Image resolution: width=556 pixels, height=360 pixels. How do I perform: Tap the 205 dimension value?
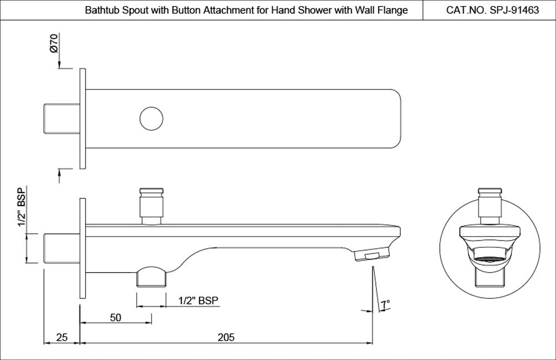(226, 337)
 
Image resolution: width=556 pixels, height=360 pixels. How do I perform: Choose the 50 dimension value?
(116, 317)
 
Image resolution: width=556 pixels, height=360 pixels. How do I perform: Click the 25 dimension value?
(62, 337)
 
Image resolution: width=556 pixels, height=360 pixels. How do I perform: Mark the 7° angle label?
(385, 304)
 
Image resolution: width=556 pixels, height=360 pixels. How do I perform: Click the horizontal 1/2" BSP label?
(198, 301)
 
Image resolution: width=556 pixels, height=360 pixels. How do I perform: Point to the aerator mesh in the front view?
(490, 259)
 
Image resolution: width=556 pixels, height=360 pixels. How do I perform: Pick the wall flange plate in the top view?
(83, 119)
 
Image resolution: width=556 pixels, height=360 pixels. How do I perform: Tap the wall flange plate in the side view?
(83, 248)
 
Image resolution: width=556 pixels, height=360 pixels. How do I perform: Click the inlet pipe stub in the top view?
(61, 119)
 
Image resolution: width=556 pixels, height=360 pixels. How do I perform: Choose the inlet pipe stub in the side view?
(61, 248)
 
